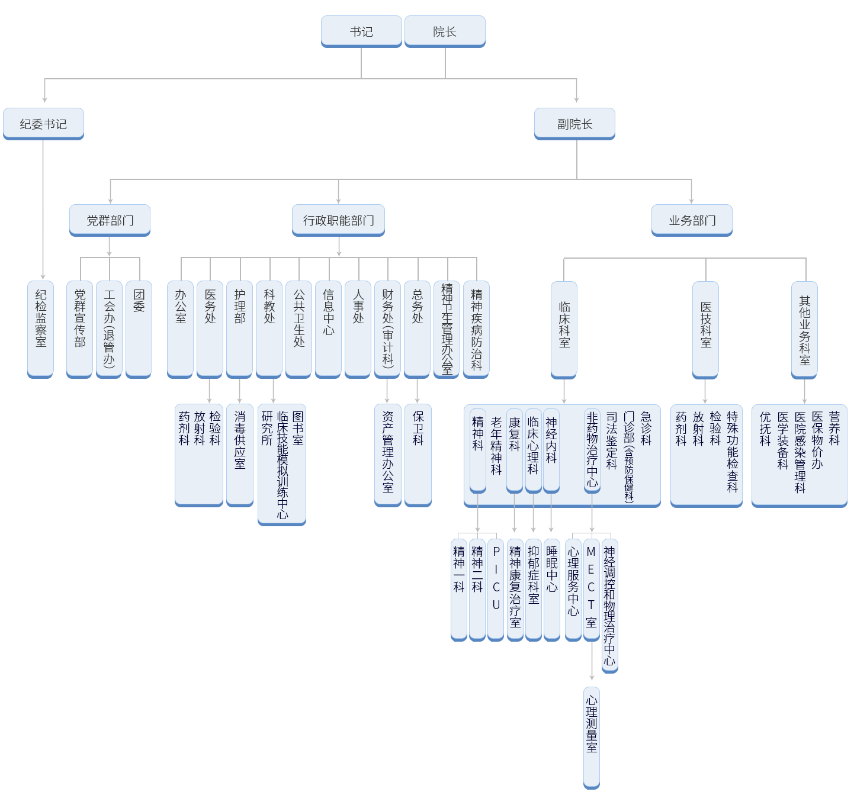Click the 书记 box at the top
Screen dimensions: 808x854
361,31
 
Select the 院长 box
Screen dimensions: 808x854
445,31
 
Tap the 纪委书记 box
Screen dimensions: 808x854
43,124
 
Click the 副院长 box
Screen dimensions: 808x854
574,124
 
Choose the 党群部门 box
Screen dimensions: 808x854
110,220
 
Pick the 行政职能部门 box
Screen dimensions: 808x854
338,220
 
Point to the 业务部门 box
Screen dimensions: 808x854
692,220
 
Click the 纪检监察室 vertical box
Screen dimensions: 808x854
40,329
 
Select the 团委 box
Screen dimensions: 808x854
139,329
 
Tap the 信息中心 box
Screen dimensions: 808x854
328,329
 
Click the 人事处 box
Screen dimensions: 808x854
358,329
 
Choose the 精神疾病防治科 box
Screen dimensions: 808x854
476,329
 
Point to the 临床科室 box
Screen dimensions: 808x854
564,329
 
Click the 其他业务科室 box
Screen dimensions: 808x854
804,329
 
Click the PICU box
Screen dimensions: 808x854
496,589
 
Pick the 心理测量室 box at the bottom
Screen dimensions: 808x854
592,737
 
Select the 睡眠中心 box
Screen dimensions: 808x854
551,589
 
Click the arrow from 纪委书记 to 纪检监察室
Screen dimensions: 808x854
43,207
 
